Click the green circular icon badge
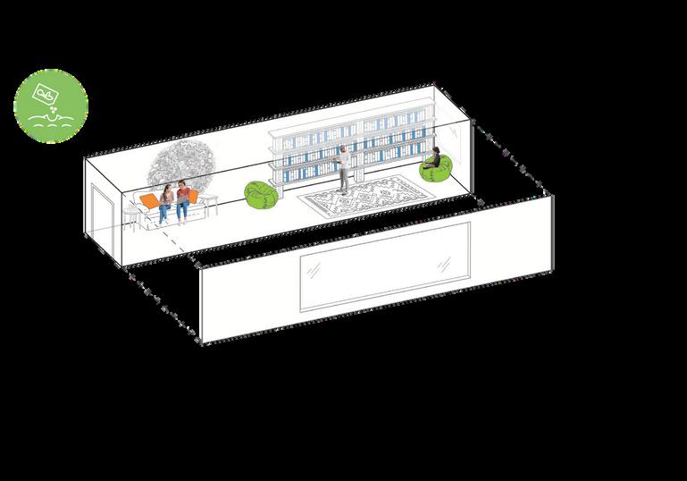51,104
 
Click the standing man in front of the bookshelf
343,168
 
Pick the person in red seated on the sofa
183,199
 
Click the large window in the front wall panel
385,266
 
